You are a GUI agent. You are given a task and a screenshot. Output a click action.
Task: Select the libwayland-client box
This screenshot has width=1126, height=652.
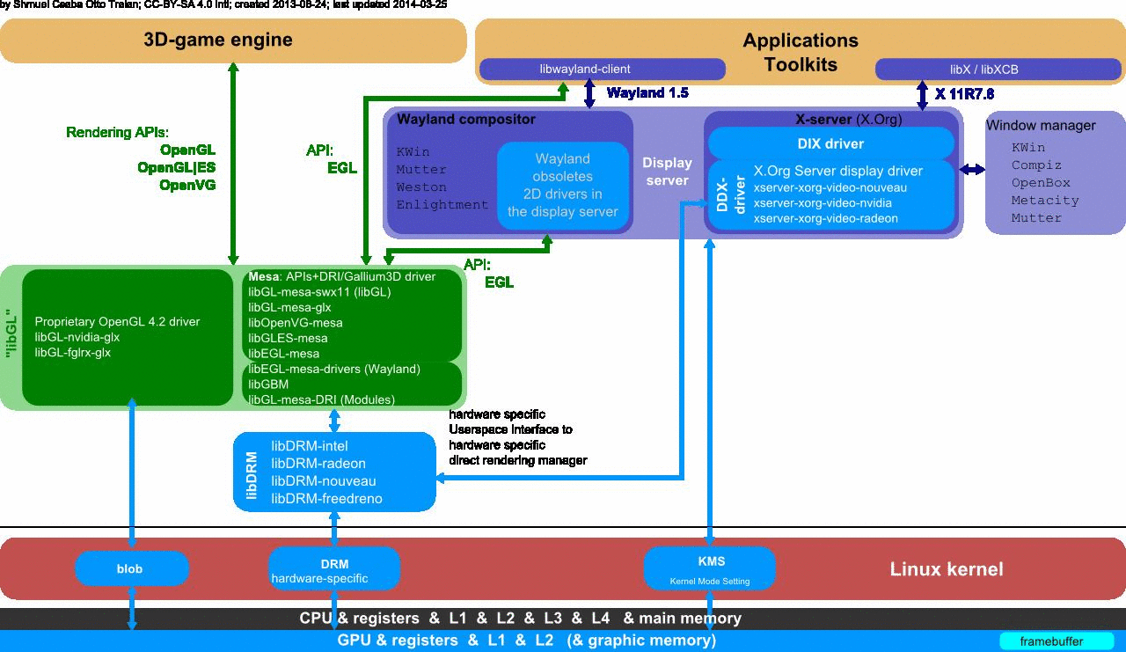585,69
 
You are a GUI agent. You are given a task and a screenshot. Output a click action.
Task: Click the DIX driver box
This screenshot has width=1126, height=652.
830,143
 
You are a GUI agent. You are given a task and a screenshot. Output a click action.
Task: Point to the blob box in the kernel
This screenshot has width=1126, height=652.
130,568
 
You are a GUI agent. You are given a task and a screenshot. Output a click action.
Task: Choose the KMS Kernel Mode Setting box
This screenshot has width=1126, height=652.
709,568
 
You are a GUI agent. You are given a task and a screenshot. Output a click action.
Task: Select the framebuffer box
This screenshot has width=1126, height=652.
1051,641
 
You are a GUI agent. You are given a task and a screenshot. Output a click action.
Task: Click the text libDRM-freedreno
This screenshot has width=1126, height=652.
326,499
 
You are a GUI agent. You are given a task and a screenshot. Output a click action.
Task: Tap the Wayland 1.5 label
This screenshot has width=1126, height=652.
647,92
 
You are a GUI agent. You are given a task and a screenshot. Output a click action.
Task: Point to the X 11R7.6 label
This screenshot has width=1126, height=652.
964,93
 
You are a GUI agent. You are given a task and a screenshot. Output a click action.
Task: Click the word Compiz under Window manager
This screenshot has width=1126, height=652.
1036,165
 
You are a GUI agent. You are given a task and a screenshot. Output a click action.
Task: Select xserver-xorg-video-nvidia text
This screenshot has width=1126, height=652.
823,202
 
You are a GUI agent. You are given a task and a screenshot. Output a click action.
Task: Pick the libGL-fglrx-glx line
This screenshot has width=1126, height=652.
72,352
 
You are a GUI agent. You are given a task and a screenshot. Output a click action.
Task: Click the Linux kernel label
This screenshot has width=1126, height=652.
947,569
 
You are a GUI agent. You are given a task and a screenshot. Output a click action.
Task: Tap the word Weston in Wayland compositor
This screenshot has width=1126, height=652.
421,187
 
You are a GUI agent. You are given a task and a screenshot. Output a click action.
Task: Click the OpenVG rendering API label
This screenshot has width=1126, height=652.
186,185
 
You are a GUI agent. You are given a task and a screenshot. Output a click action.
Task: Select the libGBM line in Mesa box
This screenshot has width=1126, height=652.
268,385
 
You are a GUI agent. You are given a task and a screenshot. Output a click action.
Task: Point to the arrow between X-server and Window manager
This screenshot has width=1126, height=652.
973,169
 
